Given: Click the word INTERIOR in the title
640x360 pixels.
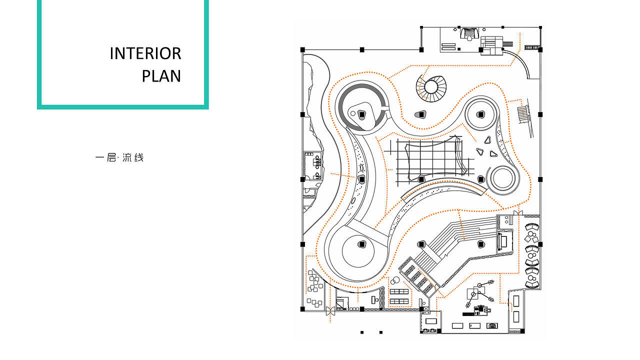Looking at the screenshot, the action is [x=145, y=53].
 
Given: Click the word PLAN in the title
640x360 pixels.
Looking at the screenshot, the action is [x=161, y=76].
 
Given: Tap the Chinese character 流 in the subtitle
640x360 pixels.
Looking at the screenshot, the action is [x=127, y=157].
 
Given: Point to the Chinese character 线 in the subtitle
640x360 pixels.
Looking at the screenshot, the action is [x=139, y=157].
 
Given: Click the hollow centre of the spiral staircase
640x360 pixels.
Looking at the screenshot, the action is [x=431, y=87].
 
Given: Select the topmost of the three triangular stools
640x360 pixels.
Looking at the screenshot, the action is [x=487, y=140].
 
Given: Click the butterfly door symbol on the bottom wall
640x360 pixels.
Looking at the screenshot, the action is [x=330, y=311].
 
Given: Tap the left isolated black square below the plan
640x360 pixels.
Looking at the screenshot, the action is [x=362, y=332].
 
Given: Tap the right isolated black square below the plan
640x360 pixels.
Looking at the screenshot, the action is [x=381, y=332].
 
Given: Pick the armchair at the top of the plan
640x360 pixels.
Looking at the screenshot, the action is [x=469, y=33].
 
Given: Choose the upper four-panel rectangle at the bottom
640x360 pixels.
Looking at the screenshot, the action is [x=399, y=291].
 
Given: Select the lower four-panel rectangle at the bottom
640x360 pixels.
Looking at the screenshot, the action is [x=399, y=301].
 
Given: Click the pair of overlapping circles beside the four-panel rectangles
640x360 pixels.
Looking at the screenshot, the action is [x=394, y=280].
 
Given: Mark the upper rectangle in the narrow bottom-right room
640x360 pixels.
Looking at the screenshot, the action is [x=516, y=301].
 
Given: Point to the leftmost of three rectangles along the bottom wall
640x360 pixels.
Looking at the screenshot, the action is [x=457, y=325].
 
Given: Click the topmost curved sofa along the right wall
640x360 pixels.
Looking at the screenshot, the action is [x=531, y=227].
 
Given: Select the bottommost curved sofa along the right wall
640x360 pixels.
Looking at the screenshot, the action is [x=532, y=284].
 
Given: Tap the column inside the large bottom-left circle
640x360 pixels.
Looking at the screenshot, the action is [x=362, y=244].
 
